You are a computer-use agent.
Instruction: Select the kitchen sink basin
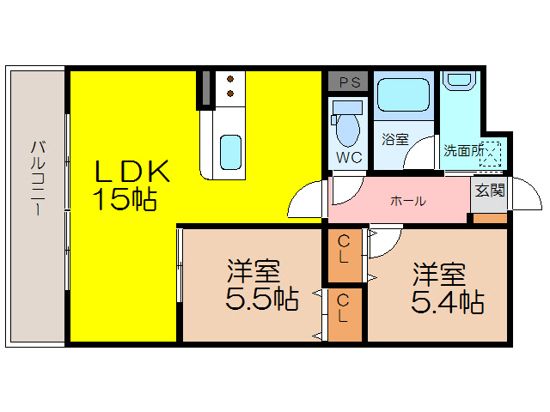pyautogui.click(x=229, y=152)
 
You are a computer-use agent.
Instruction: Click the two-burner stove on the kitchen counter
pyautogui.click(x=229, y=87)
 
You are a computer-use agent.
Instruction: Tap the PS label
pyautogui.click(x=348, y=82)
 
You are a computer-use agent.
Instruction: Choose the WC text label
pyautogui.click(x=348, y=158)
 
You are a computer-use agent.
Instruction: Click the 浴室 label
pyautogui.click(x=394, y=137)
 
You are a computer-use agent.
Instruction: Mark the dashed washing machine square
pyautogui.click(x=491, y=153)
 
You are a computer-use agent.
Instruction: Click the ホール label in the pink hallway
pyautogui.click(x=407, y=201)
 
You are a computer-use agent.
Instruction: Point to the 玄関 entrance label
pyautogui.click(x=490, y=191)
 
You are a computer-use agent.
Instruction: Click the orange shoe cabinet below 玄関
pyautogui.click(x=490, y=216)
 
